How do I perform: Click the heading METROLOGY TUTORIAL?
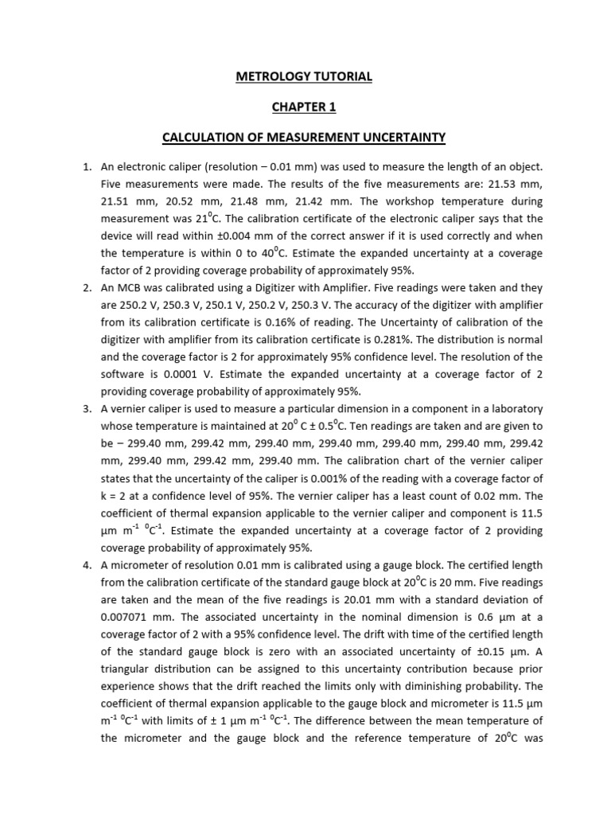(305, 77)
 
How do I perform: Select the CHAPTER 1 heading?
(305, 107)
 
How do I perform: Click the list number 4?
(88, 564)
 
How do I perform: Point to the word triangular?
(132, 669)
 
